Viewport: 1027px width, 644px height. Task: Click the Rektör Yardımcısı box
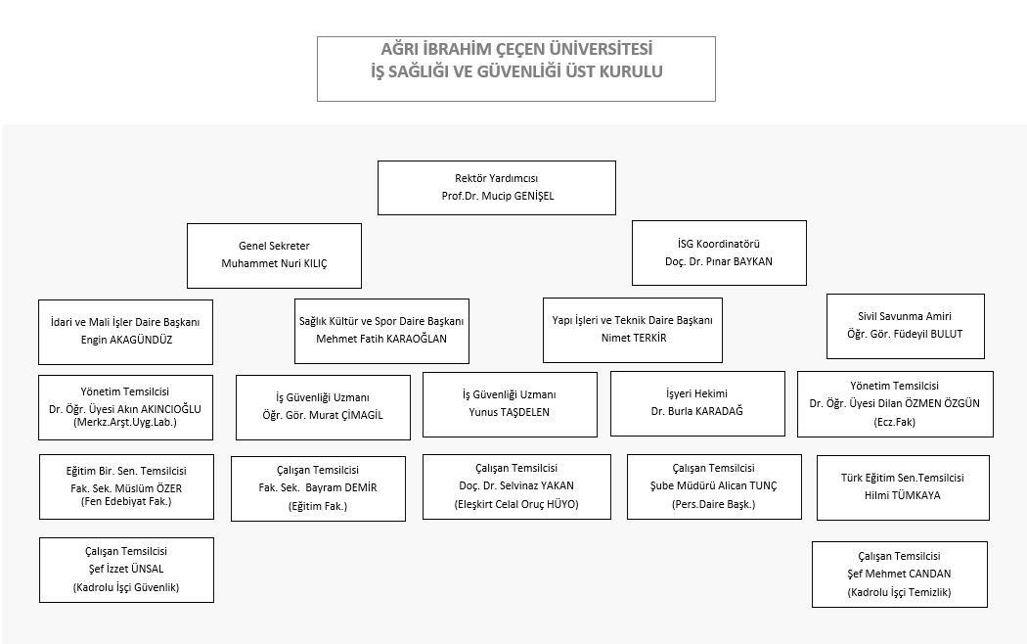pyautogui.click(x=497, y=188)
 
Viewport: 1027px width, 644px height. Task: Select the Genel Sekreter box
pyautogui.click(x=275, y=255)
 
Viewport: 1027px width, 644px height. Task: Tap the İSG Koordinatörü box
pyautogui.click(x=719, y=253)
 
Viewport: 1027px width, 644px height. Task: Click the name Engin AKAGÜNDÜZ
pyautogui.click(x=126, y=340)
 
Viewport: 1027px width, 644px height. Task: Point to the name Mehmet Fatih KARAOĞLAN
pyautogui.click(x=381, y=339)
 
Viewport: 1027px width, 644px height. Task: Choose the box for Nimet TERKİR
pyautogui.click(x=633, y=330)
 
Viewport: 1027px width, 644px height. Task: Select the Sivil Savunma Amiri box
pyautogui.click(x=905, y=326)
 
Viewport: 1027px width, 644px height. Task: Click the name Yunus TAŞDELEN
pyautogui.click(x=509, y=412)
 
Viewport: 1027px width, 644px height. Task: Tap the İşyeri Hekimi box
pyautogui.click(x=697, y=403)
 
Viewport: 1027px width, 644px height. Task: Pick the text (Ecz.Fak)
pyautogui.click(x=895, y=422)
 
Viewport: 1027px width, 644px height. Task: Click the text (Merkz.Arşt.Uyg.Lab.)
pyautogui.click(x=125, y=422)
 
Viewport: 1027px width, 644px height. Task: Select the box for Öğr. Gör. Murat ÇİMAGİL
pyautogui.click(x=323, y=407)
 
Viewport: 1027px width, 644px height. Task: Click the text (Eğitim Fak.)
pyautogui.click(x=318, y=506)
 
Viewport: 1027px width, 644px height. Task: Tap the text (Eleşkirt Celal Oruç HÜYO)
pyautogui.click(x=516, y=504)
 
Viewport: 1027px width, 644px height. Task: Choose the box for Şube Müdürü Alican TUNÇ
pyautogui.click(x=714, y=486)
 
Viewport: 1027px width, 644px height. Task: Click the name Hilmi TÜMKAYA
pyautogui.click(x=902, y=495)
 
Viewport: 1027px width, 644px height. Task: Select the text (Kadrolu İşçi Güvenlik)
pyautogui.click(x=126, y=587)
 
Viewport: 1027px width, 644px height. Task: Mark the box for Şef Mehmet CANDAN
pyautogui.click(x=899, y=575)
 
